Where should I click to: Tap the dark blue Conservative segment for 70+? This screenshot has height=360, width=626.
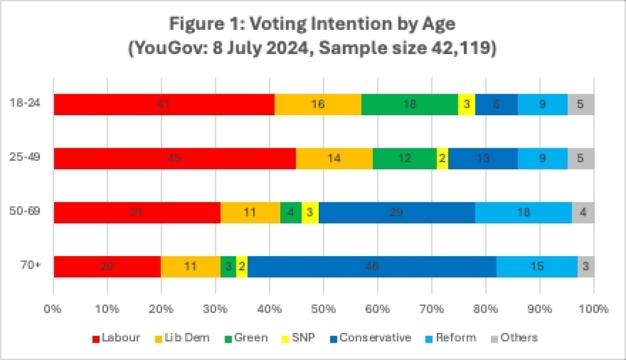coord(372,266)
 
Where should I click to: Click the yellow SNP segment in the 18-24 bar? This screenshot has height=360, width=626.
coord(466,104)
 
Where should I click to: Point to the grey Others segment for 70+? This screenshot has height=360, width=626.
coord(586,266)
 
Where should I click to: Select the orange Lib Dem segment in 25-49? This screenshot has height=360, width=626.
coord(334,159)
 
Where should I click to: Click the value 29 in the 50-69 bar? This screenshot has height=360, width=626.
coord(396,213)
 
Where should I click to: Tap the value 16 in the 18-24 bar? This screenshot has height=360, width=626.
coord(318,104)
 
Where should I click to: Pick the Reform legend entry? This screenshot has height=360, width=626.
coord(451,338)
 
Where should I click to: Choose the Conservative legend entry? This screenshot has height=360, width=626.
coord(369,338)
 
